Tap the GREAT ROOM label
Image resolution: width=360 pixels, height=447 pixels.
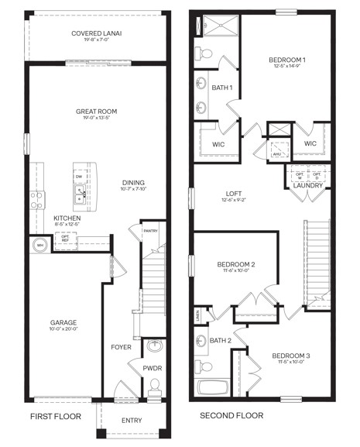pos(96,112)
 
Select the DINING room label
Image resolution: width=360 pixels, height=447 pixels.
pos(133,184)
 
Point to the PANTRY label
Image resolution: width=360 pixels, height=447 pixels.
pos(151,230)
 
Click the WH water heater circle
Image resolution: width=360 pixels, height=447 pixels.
pos(40,246)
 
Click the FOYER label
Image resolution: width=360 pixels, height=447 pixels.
pos(122,347)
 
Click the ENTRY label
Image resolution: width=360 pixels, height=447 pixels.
pos(132,421)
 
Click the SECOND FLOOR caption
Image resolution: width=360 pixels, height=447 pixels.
pos(231,416)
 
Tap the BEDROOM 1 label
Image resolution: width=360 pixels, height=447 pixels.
pos(287,60)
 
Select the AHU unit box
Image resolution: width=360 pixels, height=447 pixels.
pos(276,153)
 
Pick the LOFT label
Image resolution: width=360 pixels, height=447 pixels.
pos(235,194)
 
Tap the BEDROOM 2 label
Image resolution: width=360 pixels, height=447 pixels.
pos(236,265)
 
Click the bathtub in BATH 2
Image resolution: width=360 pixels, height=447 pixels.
pos(213,388)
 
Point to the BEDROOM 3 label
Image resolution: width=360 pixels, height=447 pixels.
pos(288,356)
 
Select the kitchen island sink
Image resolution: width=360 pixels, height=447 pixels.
pos(80,196)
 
